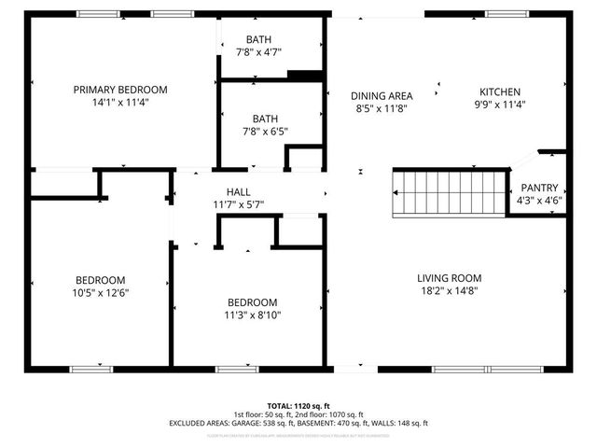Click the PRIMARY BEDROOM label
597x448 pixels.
[120, 90]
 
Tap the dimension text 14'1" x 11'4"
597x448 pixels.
[120, 102]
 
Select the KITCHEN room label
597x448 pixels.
[500, 91]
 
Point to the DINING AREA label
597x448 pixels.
[382, 96]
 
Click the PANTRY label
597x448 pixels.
[539, 187]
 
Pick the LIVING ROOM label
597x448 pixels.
[449, 277]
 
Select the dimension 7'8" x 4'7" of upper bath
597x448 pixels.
[259, 51]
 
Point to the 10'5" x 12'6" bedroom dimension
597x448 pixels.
[101, 292]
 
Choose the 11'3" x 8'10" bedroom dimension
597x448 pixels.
[253, 315]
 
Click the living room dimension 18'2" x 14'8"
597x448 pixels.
[449, 290]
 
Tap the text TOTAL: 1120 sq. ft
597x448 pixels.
[298, 406]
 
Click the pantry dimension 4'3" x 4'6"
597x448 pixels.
[539, 200]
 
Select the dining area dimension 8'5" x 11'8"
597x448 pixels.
[382, 108]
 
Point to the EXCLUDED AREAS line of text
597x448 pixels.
[298, 423]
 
